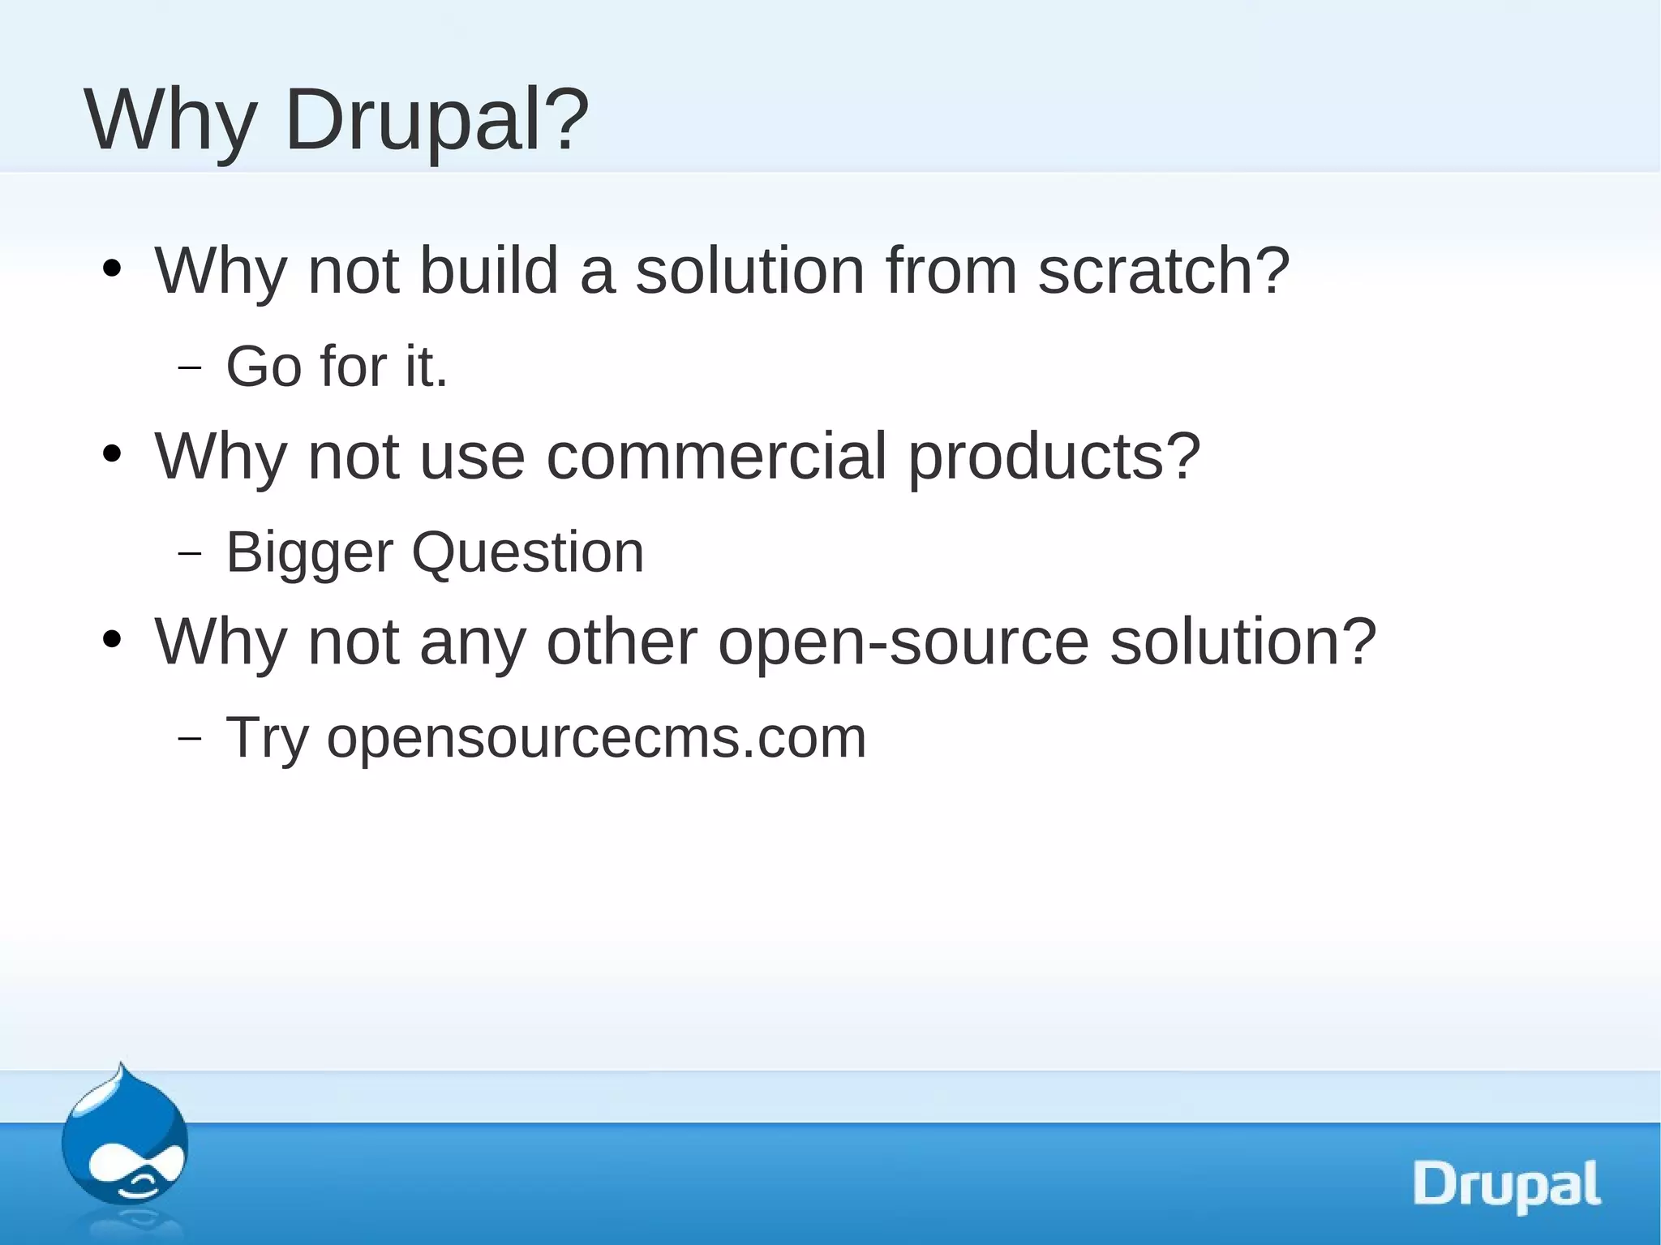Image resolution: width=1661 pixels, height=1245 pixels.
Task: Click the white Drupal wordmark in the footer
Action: (1508, 1186)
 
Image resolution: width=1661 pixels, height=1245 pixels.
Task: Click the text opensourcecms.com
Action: (596, 739)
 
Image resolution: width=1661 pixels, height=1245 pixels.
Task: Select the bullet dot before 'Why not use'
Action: (113, 454)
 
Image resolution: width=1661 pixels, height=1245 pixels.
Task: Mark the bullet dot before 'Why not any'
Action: (113, 640)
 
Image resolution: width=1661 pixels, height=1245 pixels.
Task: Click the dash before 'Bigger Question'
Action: (189, 554)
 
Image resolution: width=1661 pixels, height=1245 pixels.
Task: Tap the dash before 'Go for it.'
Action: (189, 368)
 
